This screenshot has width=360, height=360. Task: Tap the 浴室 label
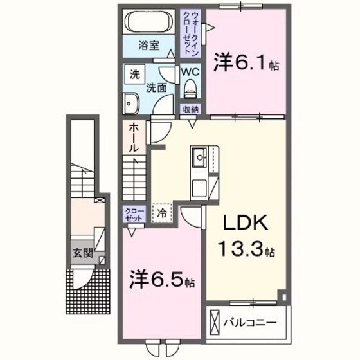coord(147,46)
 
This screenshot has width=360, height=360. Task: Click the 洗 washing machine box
coord(134,74)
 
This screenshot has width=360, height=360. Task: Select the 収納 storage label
coord(190,109)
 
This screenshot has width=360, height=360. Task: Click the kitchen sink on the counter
coord(198,156)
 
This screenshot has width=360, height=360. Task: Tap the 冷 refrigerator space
coord(161,212)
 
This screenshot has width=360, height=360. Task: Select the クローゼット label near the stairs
coord(132,215)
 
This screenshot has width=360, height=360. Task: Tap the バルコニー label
coord(249,321)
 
